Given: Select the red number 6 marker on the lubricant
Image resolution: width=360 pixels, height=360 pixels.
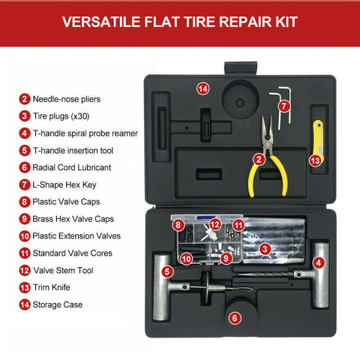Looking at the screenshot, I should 235,318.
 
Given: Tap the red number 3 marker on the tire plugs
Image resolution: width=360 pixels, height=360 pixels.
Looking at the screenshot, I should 265,248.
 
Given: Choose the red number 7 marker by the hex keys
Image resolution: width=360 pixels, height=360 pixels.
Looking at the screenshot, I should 283,106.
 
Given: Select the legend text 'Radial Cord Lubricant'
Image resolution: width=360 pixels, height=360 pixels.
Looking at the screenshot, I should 77,167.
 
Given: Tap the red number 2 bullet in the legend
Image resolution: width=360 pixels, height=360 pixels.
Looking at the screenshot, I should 25,98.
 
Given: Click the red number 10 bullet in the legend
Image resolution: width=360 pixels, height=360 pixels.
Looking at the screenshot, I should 25,235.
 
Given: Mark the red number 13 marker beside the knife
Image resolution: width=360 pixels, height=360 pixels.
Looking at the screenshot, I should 315,160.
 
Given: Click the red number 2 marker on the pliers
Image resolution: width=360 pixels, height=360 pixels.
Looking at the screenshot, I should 259,159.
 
